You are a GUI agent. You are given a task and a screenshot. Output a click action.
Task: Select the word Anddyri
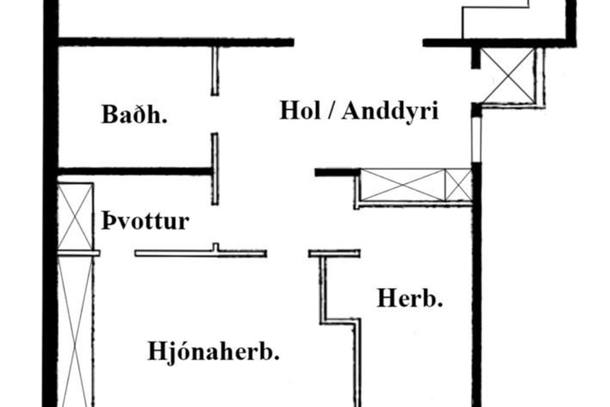click(x=390, y=111)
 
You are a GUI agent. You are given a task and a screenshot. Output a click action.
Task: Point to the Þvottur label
click(x=146, y=221)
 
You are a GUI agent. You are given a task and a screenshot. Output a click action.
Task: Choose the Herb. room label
click(x=410, y=299)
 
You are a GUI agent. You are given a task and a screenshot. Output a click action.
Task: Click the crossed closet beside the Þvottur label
click(x=75, y=217)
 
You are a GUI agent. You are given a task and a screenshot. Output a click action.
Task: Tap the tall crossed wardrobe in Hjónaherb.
click(x=75, y=331)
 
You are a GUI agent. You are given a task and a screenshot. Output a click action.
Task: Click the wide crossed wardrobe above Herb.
click(x=403, y=185)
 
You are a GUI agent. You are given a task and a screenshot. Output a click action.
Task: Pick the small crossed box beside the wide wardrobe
click(x=458, y=185)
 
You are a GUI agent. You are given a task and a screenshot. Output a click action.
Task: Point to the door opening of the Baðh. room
click(x=215, y=114)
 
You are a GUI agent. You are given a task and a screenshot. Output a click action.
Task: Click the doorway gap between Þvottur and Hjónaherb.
click(x=117, y=253)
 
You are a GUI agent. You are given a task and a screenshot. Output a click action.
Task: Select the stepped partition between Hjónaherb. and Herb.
click(x=340, y=321)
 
